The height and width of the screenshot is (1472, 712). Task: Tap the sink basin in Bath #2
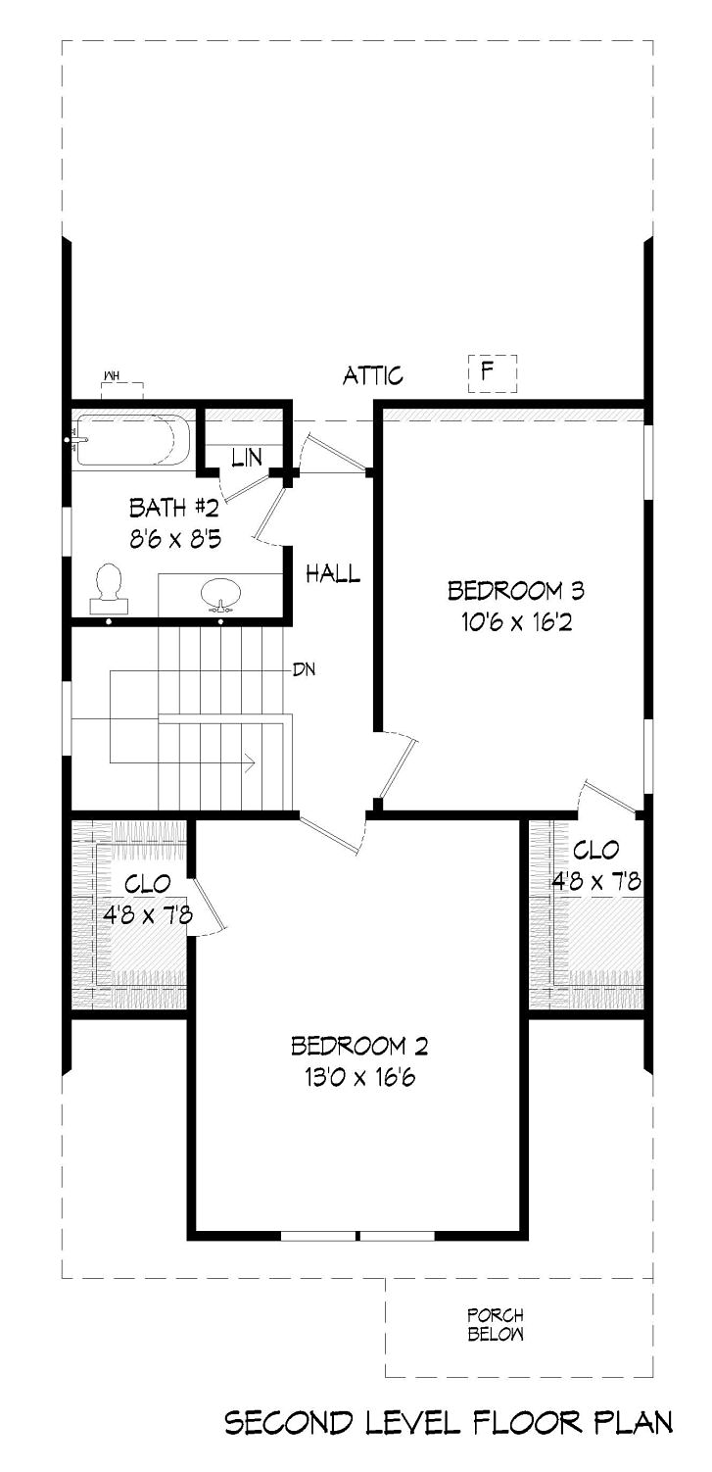click(221, 592)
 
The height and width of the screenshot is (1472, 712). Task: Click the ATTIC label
click(373, 376)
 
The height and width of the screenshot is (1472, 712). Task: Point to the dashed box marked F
click(493, 374)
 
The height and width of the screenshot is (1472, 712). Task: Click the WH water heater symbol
click(121, 387)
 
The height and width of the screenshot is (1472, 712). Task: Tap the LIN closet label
click(248, 458)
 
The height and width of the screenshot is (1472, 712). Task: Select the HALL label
click(334, 573)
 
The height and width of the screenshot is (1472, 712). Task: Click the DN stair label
click(305, 669)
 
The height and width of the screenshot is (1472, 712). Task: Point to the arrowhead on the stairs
click(251, 762)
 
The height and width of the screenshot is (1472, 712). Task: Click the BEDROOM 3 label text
click(516, 590)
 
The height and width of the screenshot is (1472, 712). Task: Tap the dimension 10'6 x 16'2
click(517, 621)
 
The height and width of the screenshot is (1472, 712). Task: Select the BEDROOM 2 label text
click(359, 1045)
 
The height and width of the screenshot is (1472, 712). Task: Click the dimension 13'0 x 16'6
click(360, 1077)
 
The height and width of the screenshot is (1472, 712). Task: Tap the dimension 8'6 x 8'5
click(175, 539)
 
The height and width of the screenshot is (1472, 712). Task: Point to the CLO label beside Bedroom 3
click(595, 850)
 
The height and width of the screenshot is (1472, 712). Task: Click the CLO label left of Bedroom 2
click(148, 883)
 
